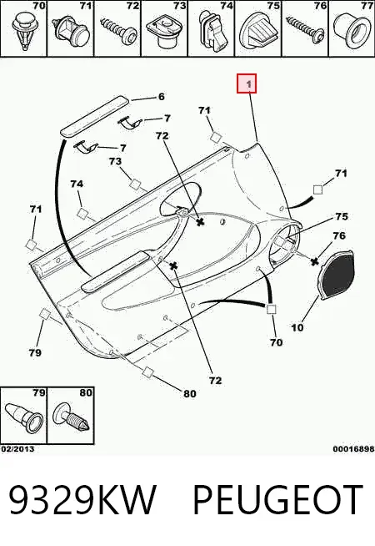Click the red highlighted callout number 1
[x=247, y=83]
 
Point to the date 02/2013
[x=17, y=448]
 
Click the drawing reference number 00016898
[x=353, y=449]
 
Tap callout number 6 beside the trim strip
[x=162, y=97]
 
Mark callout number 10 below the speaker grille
[x=297, y=327]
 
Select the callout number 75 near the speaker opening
[x=342, y=216]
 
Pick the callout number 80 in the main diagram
[x=189, y=393]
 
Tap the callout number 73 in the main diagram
[x=115, y=161]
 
